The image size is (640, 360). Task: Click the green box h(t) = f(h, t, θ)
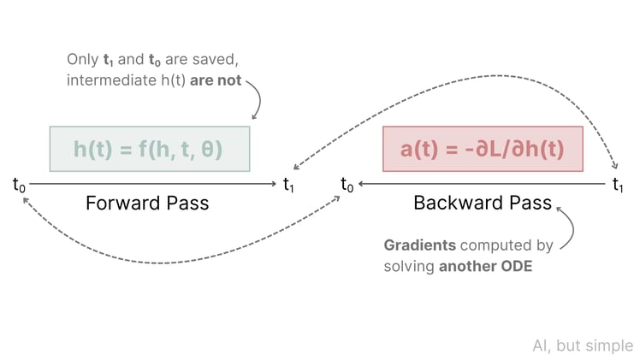pos(149,149)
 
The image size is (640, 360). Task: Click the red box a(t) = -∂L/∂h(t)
pos(483,149)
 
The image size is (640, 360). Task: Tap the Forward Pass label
pos(147,204)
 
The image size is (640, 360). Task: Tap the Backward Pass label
pos(483,204)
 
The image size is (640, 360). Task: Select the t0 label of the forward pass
pos(19,183)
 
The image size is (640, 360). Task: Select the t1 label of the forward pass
pos(289,183)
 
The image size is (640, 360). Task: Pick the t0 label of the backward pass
pos(347,183)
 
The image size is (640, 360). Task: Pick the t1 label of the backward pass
pos(619,183)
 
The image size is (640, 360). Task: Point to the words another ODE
pos(485,266)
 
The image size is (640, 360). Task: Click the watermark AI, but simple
pos(582,345)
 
